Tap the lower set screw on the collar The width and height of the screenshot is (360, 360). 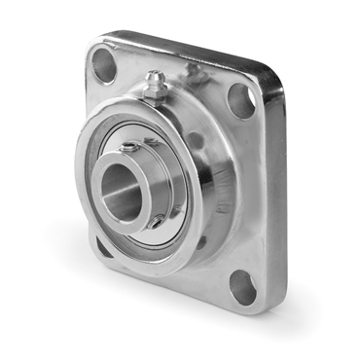(156, 222)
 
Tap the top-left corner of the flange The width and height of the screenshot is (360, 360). (92, 44)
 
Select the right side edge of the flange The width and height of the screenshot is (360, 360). (277, 195)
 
